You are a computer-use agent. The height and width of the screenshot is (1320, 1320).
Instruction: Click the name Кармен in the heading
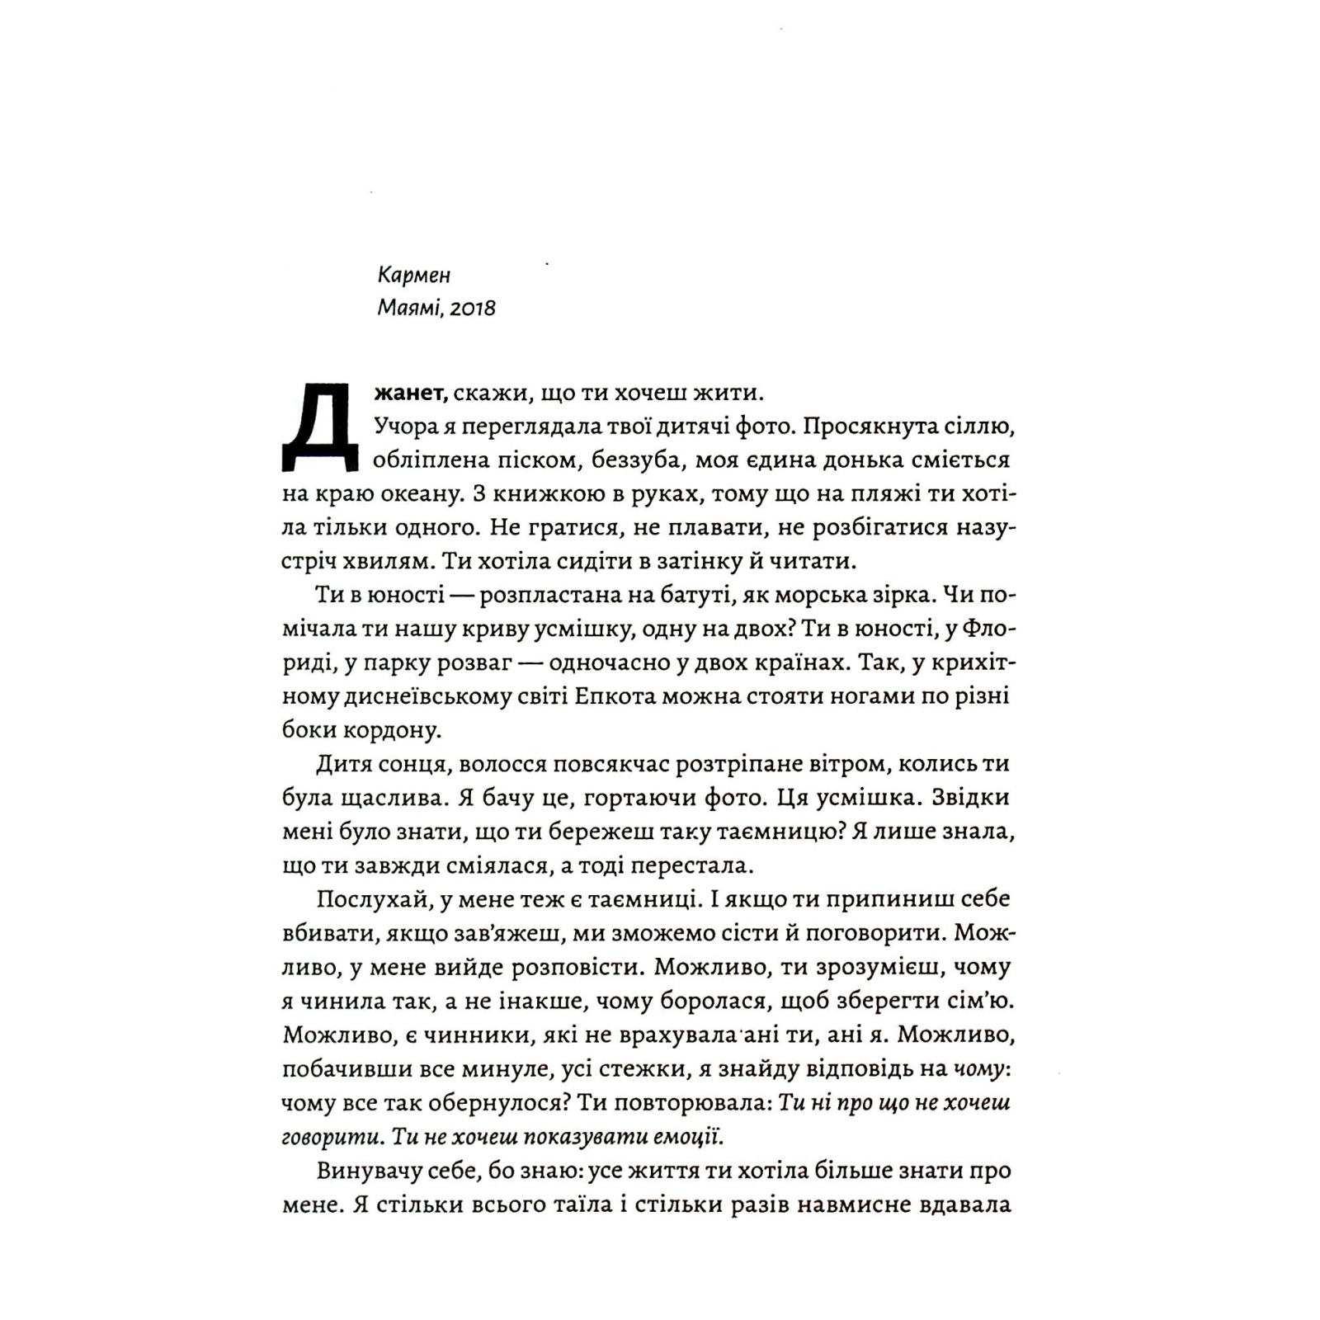tap(414, 274)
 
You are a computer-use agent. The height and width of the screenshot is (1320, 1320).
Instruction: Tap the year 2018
tap(474, 309)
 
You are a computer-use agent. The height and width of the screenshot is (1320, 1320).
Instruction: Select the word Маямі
tap(409, 309)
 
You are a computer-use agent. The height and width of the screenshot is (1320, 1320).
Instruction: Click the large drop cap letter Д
tap(320, 429)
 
